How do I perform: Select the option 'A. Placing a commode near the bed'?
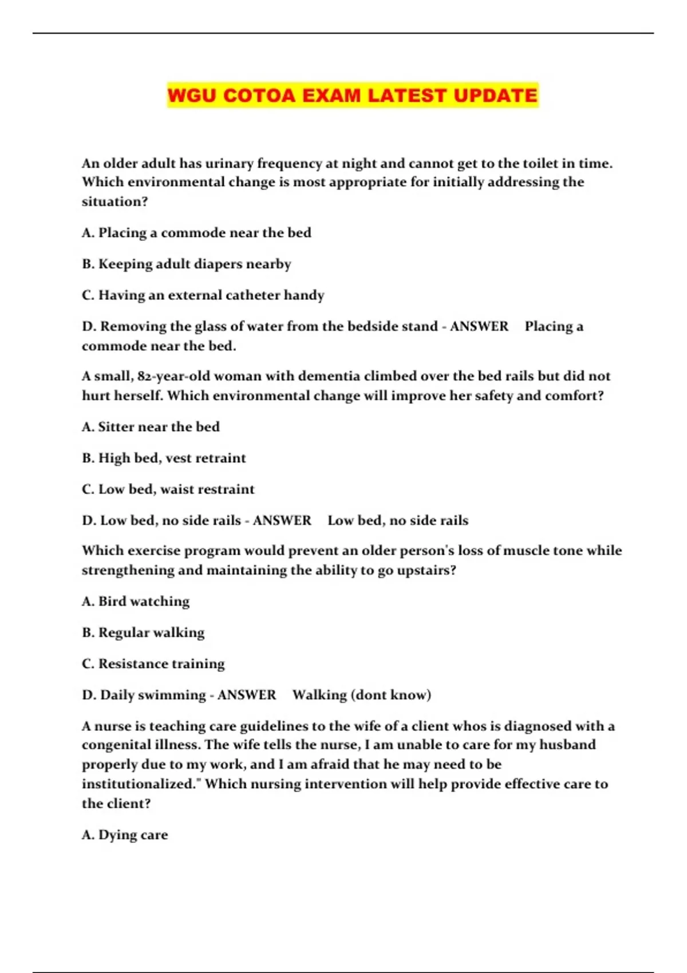[x=196, y=233]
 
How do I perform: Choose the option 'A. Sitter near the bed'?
[x=151, y=427]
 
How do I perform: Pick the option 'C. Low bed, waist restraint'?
[x=168, y=489]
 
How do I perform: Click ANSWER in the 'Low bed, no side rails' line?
[x=282, y=520]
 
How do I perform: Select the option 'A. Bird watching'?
[x=135, y=602]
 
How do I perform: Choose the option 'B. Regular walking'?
[x=143, y=632]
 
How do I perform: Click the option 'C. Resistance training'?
[x=153, y=664]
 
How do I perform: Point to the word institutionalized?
[x=140, y=784]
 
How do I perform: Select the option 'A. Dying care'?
[x=125, y=835]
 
